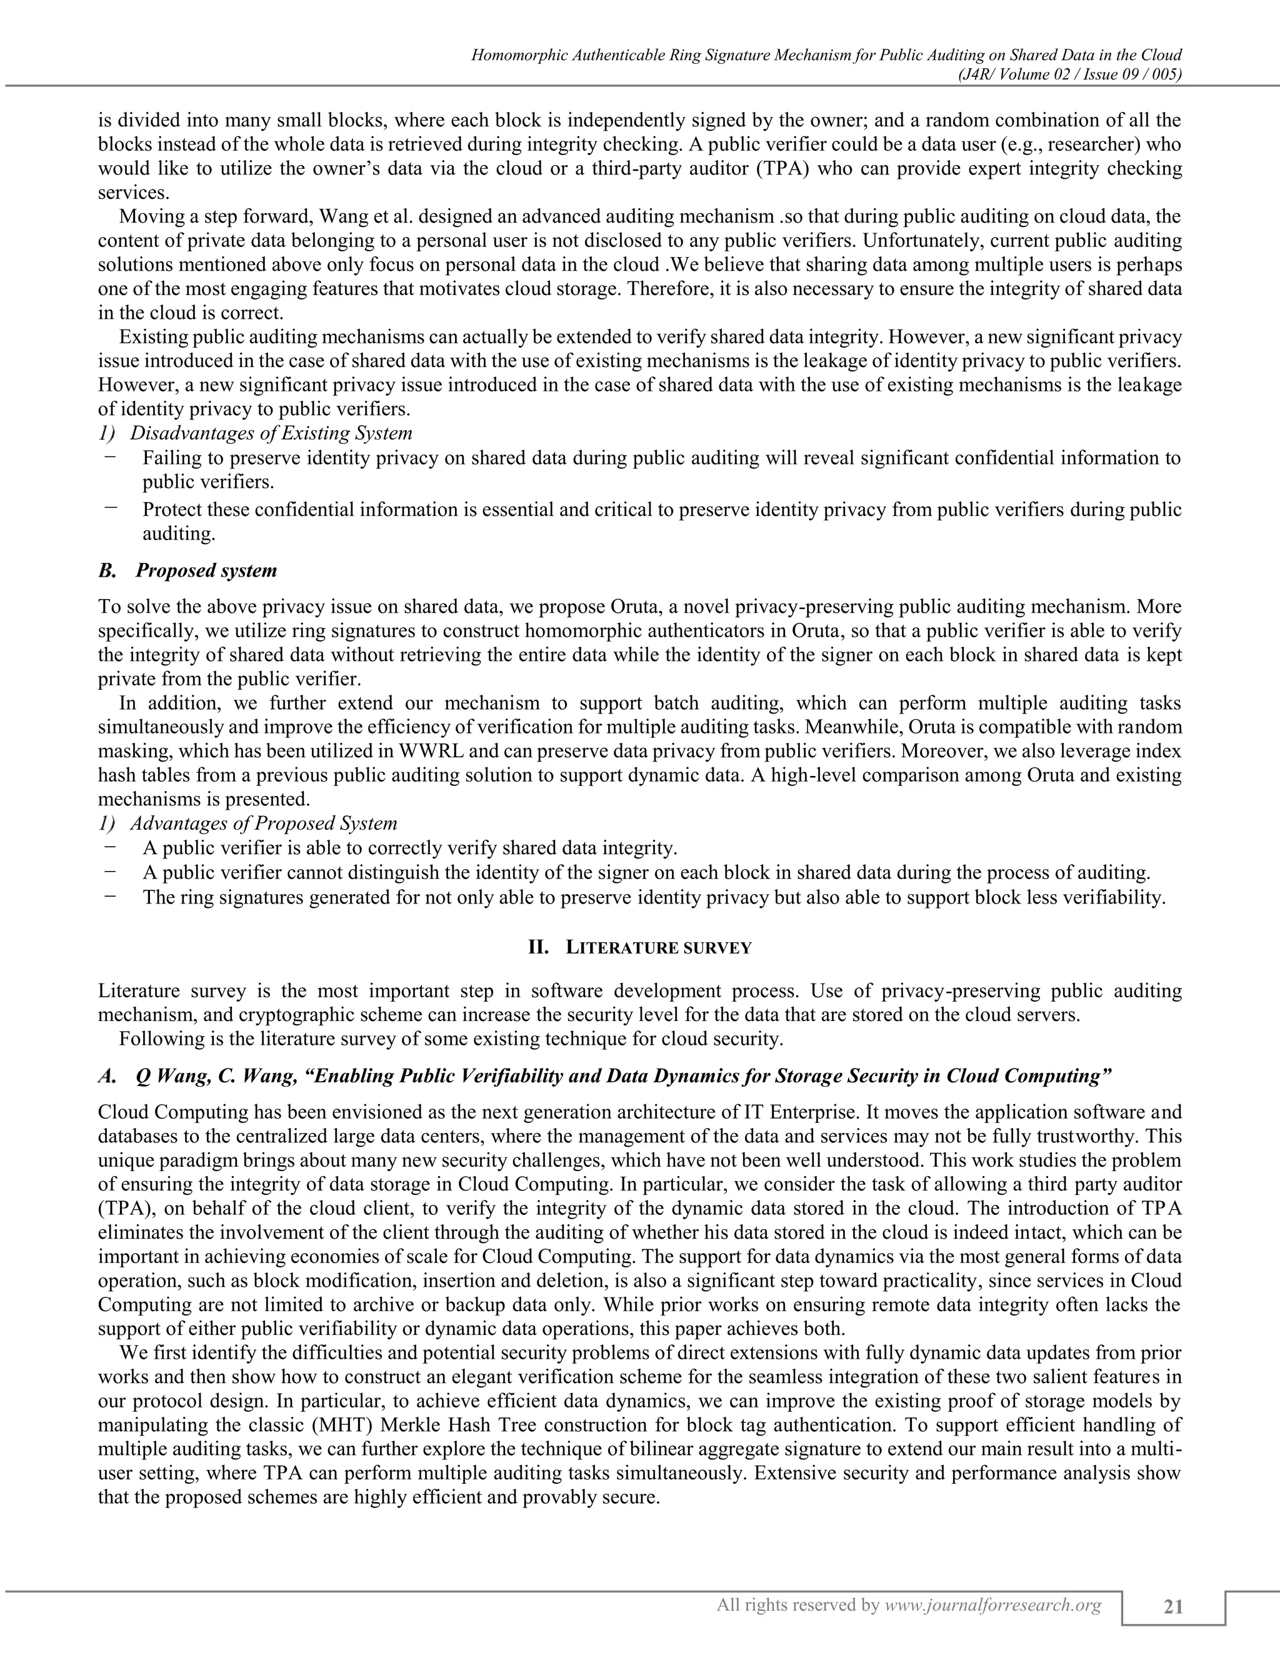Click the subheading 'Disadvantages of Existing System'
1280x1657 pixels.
coord(271,433)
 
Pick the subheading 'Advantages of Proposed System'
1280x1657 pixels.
coord(263,823)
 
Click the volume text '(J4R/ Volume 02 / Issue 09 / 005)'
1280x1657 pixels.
coord(1064,74)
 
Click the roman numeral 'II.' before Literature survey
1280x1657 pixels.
coord(538,947)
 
